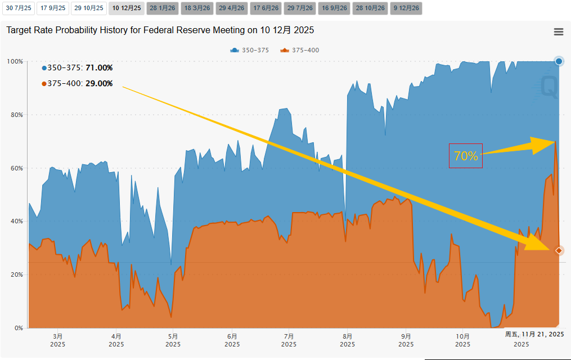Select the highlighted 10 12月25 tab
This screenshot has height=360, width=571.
pyautogui.click(x=127, y=8)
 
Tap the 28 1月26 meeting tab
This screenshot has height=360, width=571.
pyautogui.click(x=162, y=8)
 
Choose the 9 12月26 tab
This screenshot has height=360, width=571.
pyautogui.click(x=406, y=8)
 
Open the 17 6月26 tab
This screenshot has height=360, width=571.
pyautogui.click(x=265, y=8)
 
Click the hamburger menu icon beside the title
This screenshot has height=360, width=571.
pyautogui.click(x=559, y=32)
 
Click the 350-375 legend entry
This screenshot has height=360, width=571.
pyautogui.click(x=250, y=51)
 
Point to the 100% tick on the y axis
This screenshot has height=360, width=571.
pyautogui.click(x=15, y=61)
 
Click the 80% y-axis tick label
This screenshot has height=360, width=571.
pyautogui.click(x=16, y=115)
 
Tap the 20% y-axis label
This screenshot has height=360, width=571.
pyautogui.click(x=16, y=274)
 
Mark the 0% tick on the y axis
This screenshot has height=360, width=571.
pyautogui.click(x=18, y=328)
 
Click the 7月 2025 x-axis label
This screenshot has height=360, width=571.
pyautogui.click(x=289, y=340)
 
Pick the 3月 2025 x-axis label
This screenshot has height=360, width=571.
pyautogui.click(x=57, y=340)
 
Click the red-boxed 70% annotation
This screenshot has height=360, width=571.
pyautogui.click(x=466, y=156)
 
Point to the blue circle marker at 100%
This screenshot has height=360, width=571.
pyautogui.click(x=559, y=61)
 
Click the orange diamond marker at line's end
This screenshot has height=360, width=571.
pyautogui.click(x=559, y=250)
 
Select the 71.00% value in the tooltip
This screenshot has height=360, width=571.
pyautogui.click(x=99, y=68)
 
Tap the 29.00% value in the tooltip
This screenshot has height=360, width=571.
pyautogui.click(x=99, y=84)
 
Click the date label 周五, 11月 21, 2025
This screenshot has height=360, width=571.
pyautogui.click(x=534, y=334)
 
